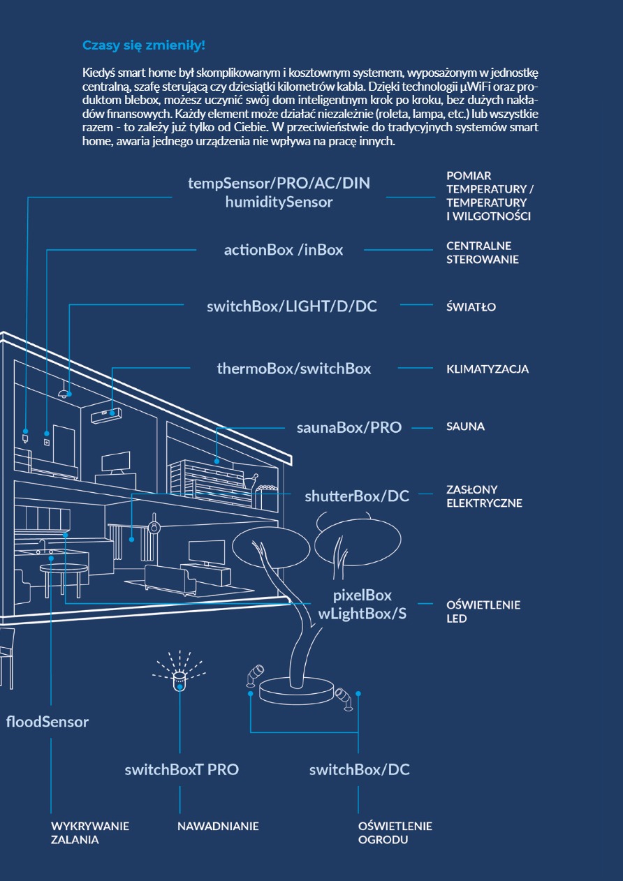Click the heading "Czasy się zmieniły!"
point(144,45)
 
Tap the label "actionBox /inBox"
point(283,250)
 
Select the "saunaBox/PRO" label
point(349,427)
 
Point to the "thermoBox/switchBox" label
point(293,369)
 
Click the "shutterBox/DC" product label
point(357,496)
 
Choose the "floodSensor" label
point(47,722)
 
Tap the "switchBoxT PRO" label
point(182,770)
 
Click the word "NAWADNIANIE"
point(218,827)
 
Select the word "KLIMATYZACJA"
point(488,369)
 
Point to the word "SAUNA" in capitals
point(465,427)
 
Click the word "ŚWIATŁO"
point(471,306)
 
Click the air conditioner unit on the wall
point(106,415)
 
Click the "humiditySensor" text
point(279,202)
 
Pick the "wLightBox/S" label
point(362,614)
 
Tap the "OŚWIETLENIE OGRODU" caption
point(395,833)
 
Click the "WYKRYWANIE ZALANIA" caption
point(89,833)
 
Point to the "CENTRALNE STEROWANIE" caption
point(482,253)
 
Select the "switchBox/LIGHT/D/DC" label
point(292,306)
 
